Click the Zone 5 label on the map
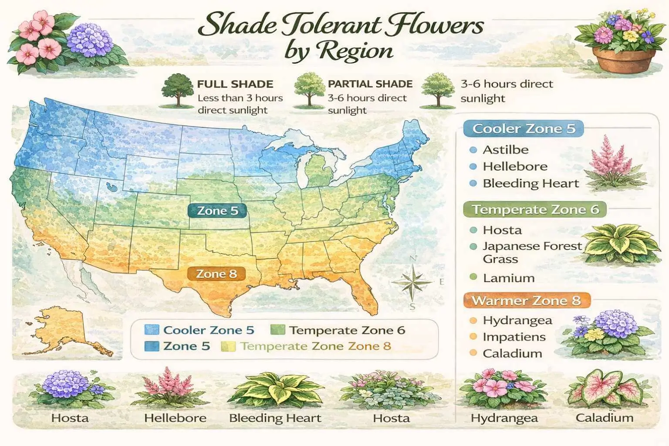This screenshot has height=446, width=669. (217, 211)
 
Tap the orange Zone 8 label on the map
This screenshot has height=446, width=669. (216, 274)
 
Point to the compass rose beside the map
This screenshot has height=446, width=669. (412, 282)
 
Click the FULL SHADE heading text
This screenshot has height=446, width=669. (235, 84)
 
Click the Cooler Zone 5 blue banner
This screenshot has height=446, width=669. (523, 129)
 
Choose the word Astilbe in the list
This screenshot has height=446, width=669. (506, 150)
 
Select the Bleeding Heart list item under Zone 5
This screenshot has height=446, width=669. (530, 183)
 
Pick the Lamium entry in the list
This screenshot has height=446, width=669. (508, 278)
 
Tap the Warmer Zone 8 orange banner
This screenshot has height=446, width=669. (526, 301)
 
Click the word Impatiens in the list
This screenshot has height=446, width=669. (514, 337)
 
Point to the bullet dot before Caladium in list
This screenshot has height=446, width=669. (473, 353)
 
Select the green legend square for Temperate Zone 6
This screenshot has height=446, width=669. (277, 330)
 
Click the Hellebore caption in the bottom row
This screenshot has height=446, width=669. (175, 418)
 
